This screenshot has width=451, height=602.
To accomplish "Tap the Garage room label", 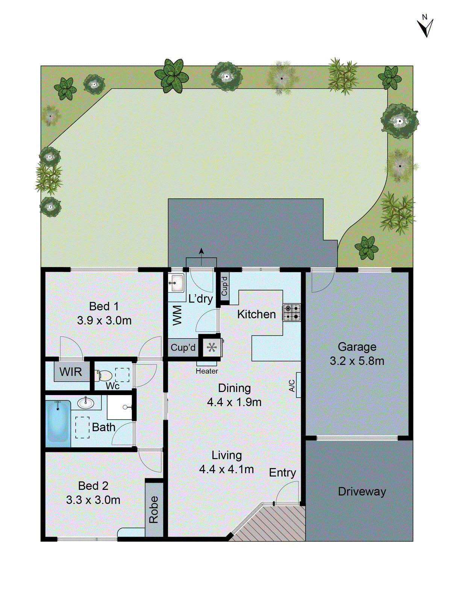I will click(x=357, y=347).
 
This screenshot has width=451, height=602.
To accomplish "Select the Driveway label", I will click(x=362, y=491).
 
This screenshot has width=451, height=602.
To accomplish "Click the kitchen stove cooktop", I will click(x=292, y=312).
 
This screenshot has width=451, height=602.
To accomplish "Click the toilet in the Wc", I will click(x=104, y=375).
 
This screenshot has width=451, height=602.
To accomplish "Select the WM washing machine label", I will click(x=177, y=315).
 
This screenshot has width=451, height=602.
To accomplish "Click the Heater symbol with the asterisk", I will click(x=212, y=347).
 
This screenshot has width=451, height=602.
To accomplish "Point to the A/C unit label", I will click(x=292, y=385).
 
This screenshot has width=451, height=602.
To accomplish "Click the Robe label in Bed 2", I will click(x=154, y=509).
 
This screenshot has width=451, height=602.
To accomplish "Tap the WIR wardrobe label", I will click(x=71, y=372).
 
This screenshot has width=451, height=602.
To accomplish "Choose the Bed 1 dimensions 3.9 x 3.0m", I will click(x=104, y=321).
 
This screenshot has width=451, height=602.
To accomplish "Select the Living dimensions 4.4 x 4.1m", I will click(x=226, y=469).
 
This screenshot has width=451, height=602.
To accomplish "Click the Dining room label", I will click(x=234, y=388).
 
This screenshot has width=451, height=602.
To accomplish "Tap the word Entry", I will click(x=282, y=473).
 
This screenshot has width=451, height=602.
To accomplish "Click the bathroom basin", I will click(x=86, y=403).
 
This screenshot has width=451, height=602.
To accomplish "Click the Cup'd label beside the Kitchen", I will click(x=224, y=286).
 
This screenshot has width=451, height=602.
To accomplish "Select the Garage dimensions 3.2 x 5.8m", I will click(x=357, y=361).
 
